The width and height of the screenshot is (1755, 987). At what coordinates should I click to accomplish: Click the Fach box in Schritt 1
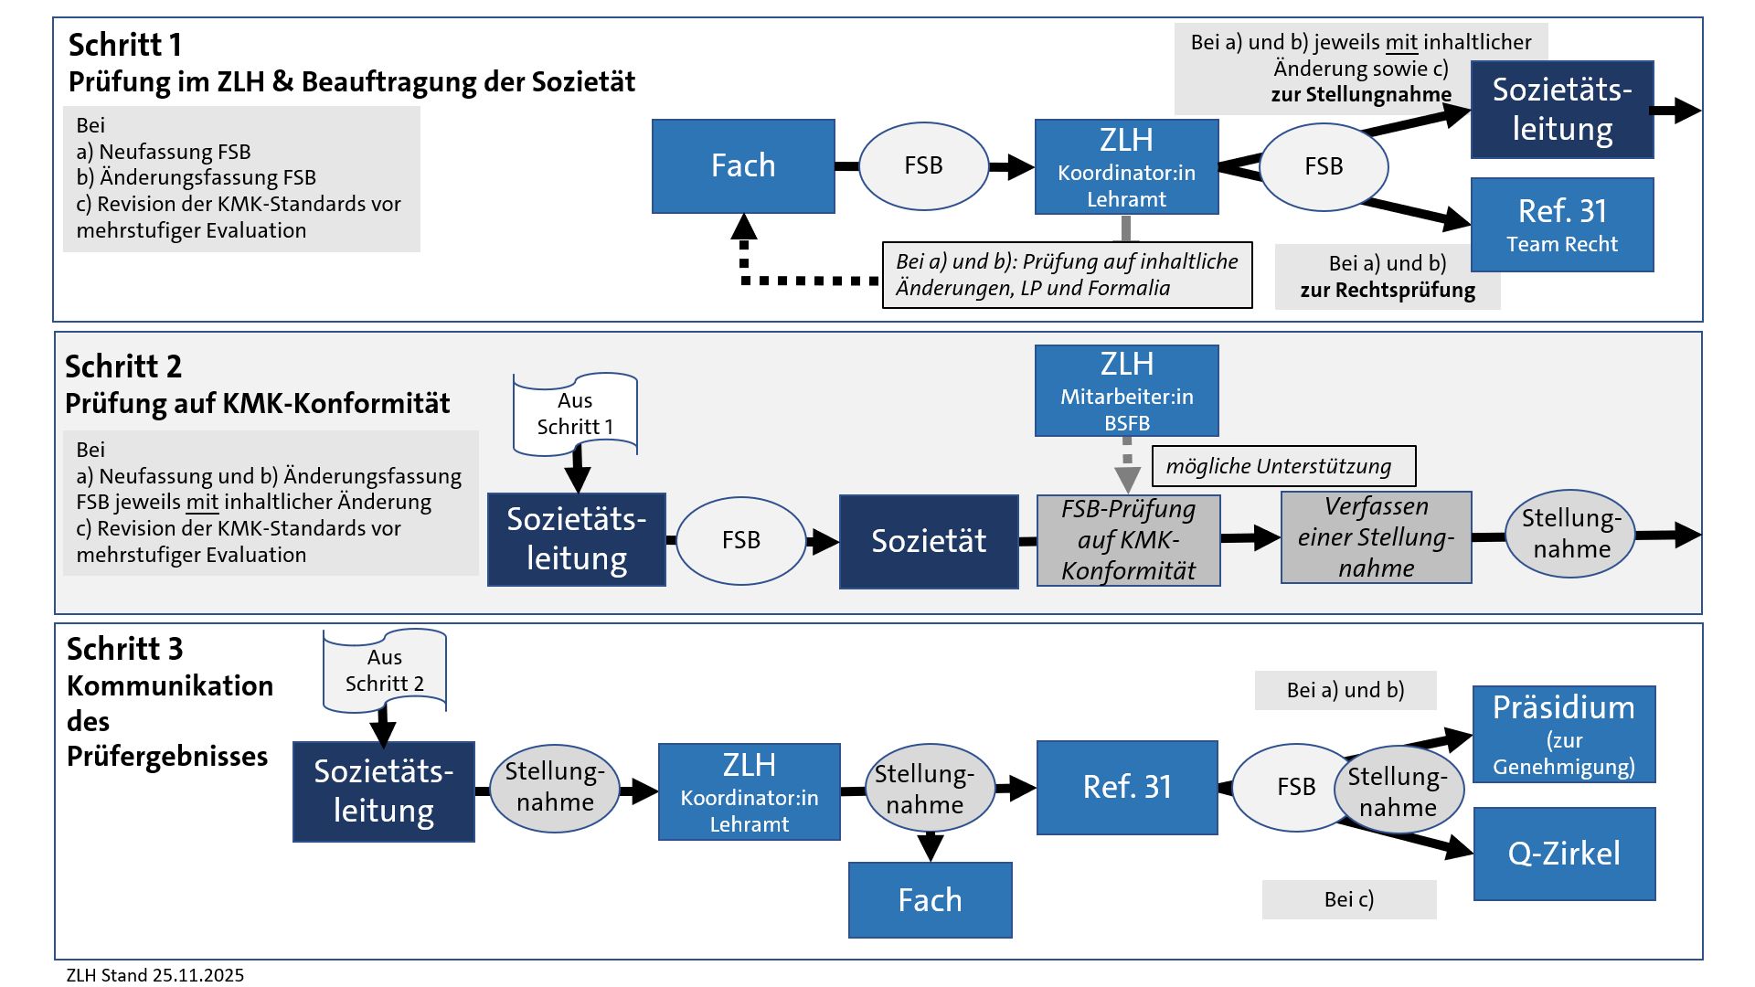pos(743,166)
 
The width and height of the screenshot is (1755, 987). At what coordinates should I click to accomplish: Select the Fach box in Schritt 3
pos(930,900)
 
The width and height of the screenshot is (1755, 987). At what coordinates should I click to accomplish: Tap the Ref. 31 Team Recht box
pos(1562,225)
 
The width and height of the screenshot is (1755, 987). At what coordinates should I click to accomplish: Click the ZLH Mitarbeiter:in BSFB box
pos(1126,390)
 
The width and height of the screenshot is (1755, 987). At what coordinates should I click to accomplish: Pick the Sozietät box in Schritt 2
pos(929,541)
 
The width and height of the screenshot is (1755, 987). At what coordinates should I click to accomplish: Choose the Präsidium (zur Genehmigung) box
pos(1564,735)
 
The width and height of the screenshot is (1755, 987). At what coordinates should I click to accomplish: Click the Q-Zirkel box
pos(1564,854)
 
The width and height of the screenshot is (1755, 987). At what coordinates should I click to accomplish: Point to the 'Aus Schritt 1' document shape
pos(575,413)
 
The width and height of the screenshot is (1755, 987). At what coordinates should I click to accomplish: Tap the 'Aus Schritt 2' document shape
pos(385,670)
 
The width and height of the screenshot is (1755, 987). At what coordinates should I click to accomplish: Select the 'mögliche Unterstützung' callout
pos(1283,466)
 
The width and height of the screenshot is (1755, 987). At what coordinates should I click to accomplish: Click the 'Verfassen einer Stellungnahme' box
pos(1376,537)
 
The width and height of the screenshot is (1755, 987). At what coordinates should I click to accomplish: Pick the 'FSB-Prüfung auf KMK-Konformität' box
pos(1128,540)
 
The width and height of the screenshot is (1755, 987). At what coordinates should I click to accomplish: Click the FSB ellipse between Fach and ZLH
pos(923,166)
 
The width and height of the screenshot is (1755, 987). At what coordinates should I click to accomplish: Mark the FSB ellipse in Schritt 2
pos(740,540)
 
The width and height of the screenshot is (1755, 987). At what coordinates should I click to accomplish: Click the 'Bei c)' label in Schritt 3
pos(1349,899)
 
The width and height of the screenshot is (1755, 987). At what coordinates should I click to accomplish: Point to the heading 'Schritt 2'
pos(123,366)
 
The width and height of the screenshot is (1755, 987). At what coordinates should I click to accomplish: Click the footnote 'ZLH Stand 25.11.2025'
pos(155,975)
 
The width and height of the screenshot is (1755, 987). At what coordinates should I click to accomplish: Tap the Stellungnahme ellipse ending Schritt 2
pos(1571,534)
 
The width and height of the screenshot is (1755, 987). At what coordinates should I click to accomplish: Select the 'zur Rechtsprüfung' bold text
pos(1388,291)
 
